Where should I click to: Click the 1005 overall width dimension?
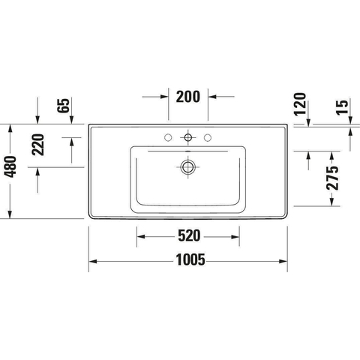tap(190, 259)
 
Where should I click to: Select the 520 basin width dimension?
tap(189, 235)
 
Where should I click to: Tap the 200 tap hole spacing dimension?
tap(188, 97)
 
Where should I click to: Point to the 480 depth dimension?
tap(10, 166)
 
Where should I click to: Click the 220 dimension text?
tap(38, 145)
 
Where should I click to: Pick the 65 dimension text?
tap(64, 106)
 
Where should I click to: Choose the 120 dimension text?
tap(300, 104)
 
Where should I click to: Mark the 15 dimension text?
tap(342, 107)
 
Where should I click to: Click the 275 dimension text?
tap(332, 178)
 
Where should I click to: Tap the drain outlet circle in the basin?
tap(188, 167)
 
